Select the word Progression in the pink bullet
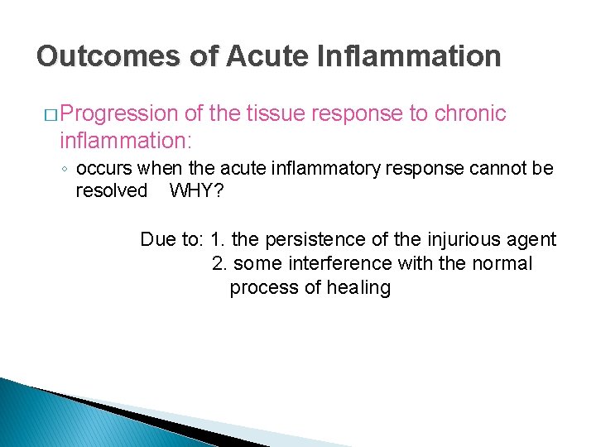tap(119, 113)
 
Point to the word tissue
tap(281, 113)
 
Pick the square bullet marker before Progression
tap(49, 114)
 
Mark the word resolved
tap(112, 190)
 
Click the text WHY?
tap(197, 190)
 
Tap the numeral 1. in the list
tap(219, 240)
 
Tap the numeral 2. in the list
tap(220, 264)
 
